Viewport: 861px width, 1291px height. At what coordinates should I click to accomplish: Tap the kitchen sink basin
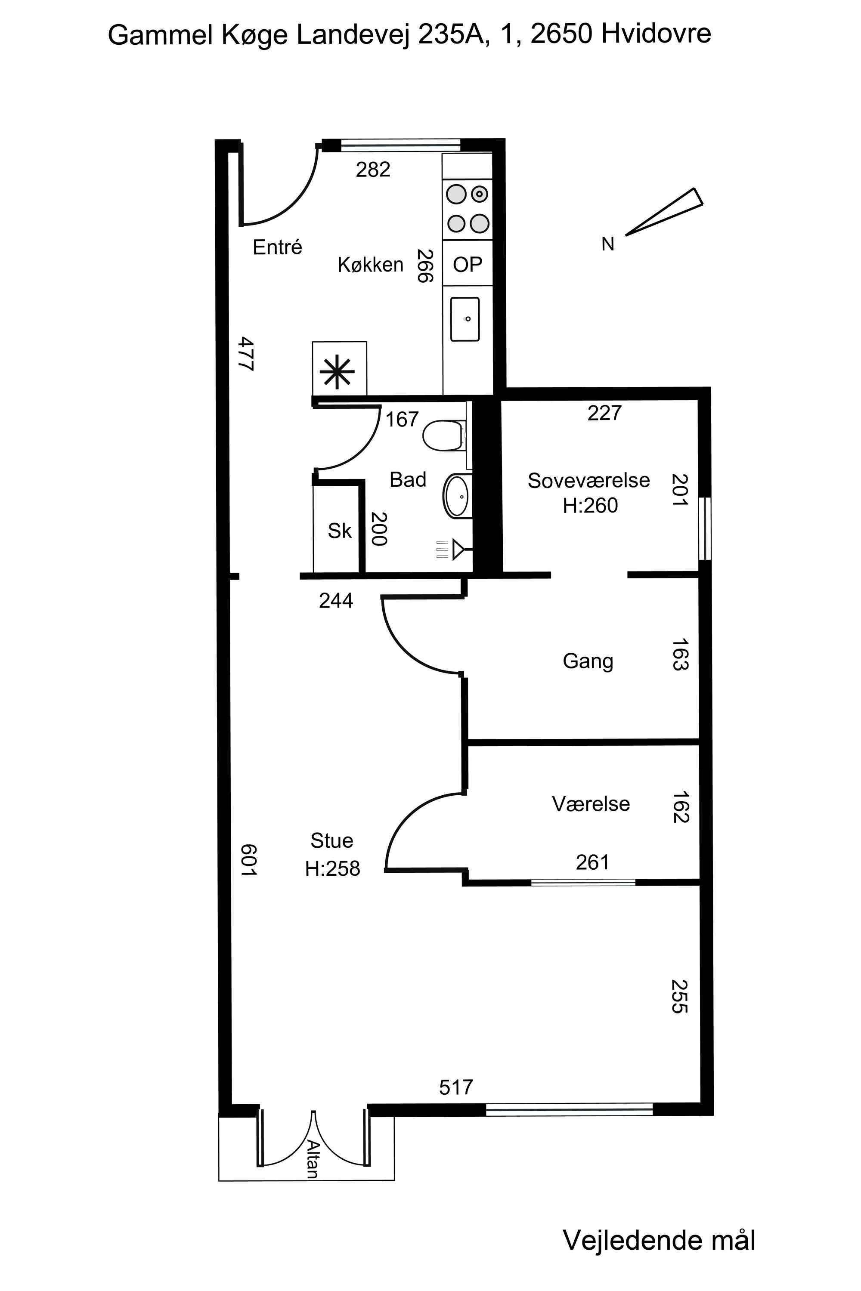pyautogui.click(x=465, y=319)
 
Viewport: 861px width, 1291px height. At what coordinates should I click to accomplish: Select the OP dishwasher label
pyautogui.click(x=467, y=265)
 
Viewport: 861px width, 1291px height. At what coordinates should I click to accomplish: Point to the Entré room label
pyautogui.click(x=277, y=247)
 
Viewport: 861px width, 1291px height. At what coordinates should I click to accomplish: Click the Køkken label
pyautogui.click(x=371, y=265)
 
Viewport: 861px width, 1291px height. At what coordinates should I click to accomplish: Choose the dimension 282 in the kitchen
pyautogui.click(x=373, y=170)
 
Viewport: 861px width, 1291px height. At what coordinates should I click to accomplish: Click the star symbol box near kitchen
pyautogui.click(x=339, y=368)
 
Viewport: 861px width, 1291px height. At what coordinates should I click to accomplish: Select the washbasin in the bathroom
pyautogui.click(x=457, y=496)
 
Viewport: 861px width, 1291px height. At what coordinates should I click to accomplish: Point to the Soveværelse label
pyautogui.click(x=588, y=480)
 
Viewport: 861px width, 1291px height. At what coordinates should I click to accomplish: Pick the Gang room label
pyautogui.click(x=588, y=661)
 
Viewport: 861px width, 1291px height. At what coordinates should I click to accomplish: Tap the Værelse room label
pyautogui.click(x=591, y=804)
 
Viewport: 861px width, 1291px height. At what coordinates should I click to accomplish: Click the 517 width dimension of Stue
pyautogui.click(x=456, y=1087)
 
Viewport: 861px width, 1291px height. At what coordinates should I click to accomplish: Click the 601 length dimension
pyautogui.click(x=248, y=859)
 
